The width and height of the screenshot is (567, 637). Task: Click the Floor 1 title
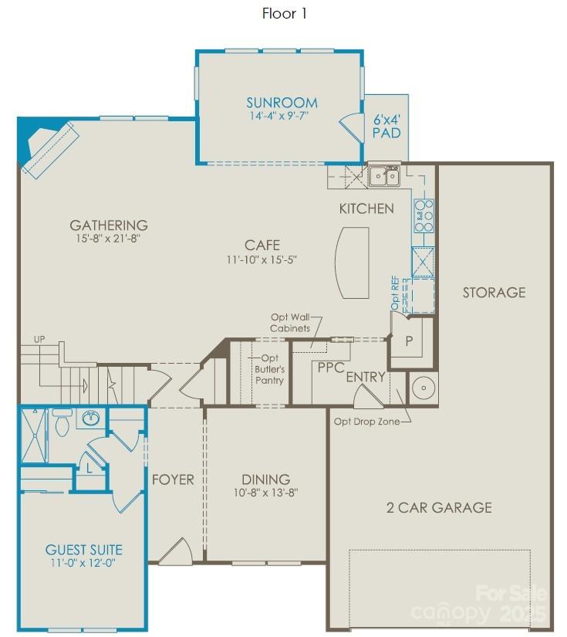tap(285, 13)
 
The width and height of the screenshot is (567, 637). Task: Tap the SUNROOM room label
tap(282, 103)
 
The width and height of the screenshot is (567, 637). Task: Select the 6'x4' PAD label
tap(386, 126)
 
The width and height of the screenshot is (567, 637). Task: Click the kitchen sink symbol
tap(383, 177)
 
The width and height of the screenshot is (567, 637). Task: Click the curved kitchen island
tap(352, 262)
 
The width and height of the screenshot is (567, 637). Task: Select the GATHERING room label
tap(108, 225)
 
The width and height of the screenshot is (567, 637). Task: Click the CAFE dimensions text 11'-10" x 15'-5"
tap(262, 260)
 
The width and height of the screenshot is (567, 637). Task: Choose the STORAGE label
tap(494, 293)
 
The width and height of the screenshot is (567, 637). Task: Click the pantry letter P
tap(409, 341)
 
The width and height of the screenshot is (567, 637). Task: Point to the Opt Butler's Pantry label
tap(269, 369)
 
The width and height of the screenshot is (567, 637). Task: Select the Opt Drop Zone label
tap(366, 422)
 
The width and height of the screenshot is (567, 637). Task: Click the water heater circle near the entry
tap(422, 388)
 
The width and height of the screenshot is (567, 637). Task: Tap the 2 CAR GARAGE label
tap(439, 507)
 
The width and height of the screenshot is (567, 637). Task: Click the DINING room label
tap(265, 479)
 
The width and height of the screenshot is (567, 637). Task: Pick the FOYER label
tap(173, 479)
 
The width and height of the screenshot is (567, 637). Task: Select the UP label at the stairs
tap(39, 340)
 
